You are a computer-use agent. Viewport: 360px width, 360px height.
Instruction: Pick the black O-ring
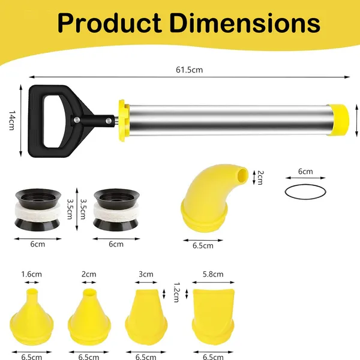coord(305,194)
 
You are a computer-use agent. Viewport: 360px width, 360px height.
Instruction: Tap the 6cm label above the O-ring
coord(305,172)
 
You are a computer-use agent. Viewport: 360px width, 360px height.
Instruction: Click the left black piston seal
coord(37,211)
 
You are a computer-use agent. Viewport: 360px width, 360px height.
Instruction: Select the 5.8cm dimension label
coord(212,275)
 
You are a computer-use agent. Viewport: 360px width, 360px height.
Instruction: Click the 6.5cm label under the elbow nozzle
coord(203,245)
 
